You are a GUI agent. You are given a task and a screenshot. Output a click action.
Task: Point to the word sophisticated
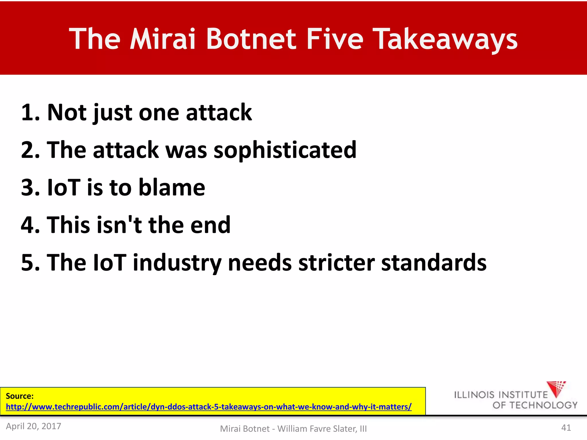coord(285,150)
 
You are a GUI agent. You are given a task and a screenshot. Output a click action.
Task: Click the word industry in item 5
coord(177,263)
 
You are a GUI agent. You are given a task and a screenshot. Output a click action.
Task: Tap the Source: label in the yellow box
coord(19,396)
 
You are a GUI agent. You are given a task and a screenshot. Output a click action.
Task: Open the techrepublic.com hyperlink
coord(209,407)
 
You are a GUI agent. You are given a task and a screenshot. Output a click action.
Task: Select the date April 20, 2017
coord(34,426)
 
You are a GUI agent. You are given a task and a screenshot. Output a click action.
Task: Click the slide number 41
coord(566,428)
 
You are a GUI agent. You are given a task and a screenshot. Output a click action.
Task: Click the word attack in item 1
coord(219,112)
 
